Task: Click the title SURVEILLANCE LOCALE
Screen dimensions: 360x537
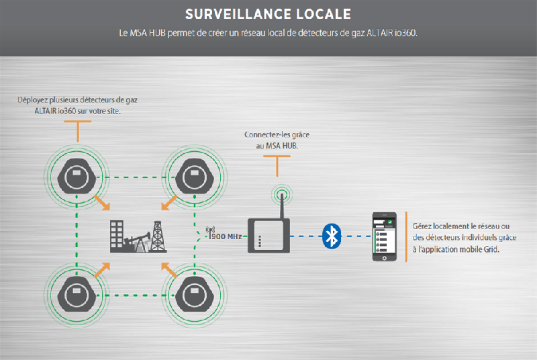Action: coord(268,14)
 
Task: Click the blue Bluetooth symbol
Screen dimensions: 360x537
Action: coord(331,236)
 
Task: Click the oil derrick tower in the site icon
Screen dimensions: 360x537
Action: coord(158,234)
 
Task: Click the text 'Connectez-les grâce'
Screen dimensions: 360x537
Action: coord(277,135)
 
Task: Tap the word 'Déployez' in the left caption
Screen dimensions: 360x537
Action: coord(34,100)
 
